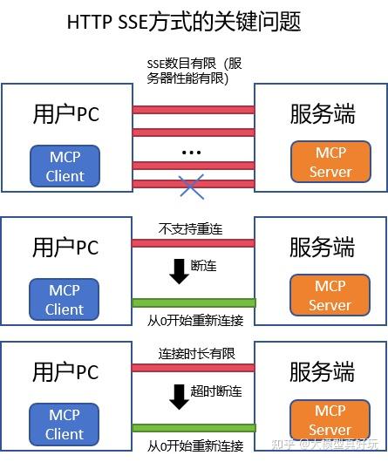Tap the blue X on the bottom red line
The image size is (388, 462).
pyautogui.click(x=193, y=185)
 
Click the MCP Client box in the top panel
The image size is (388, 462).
pyautogui.click(x=65, y=166)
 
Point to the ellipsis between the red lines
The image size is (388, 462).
pyautogui.click(x=192, y=153)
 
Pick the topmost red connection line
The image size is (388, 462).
pyautogui.click(x=193, y=110)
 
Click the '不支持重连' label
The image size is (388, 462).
pyautogui.click(x=191, y=229)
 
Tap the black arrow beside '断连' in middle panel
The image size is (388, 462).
pyautogui.click(x=179, y=270)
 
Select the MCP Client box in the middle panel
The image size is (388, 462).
pyautogui.click(x=65, y=299)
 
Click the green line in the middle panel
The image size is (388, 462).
pyautogui.click(x=193, y=303)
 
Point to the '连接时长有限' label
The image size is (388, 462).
pyautogui.click(x=194, y=355)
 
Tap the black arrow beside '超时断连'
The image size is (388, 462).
pyautogui.click(x=179, y=396)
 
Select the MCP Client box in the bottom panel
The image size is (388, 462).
pyautogui.click(x=65, y=425)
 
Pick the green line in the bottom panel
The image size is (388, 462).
pyautogui.click(x=193, y=428)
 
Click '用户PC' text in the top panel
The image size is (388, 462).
pyautogui.click(x=65, y=115)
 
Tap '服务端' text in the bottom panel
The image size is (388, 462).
pyautogui.click(x=322, y=372)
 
